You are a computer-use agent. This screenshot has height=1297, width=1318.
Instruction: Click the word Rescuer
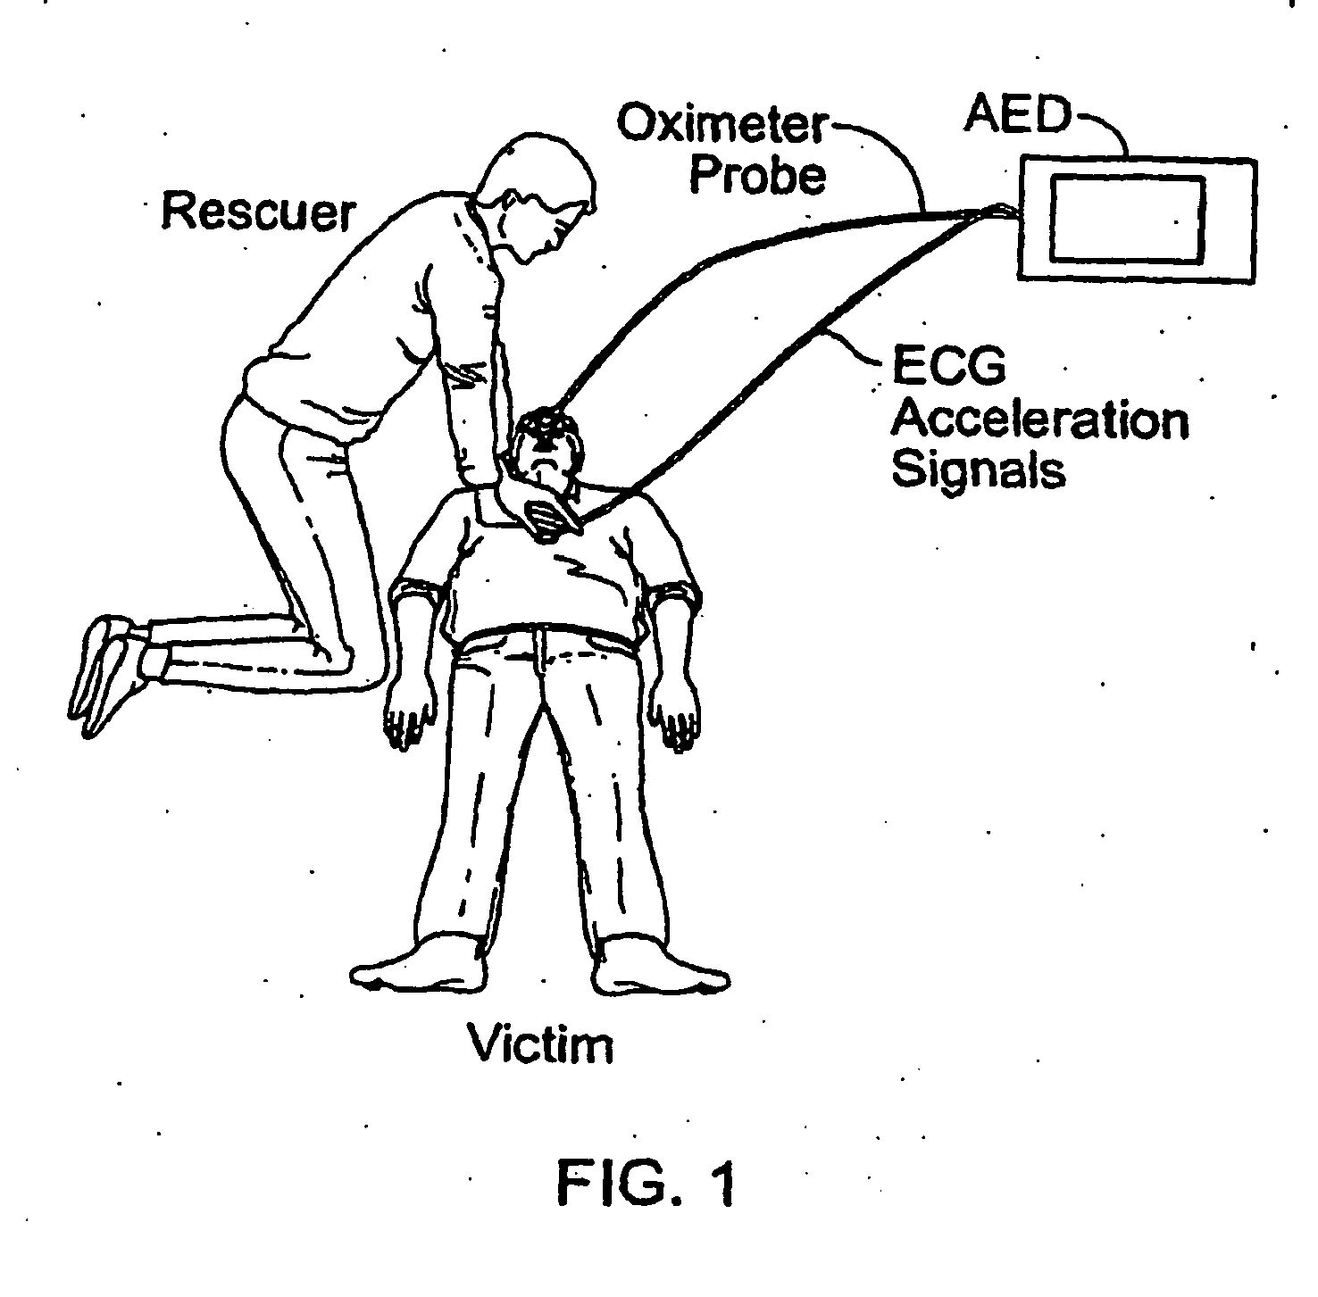pyautogui.click(x=258, y=212)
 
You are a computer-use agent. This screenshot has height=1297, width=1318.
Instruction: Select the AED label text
pyautogui.click(x=1017, y=116)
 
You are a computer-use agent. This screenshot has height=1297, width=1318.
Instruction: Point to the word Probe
pyautogui.click(x=757, y=174)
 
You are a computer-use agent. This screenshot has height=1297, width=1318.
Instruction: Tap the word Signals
pyautogui.click(x=979, y=470)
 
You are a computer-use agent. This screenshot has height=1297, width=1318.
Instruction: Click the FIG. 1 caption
pyautogui.click(x=647, y=1183)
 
